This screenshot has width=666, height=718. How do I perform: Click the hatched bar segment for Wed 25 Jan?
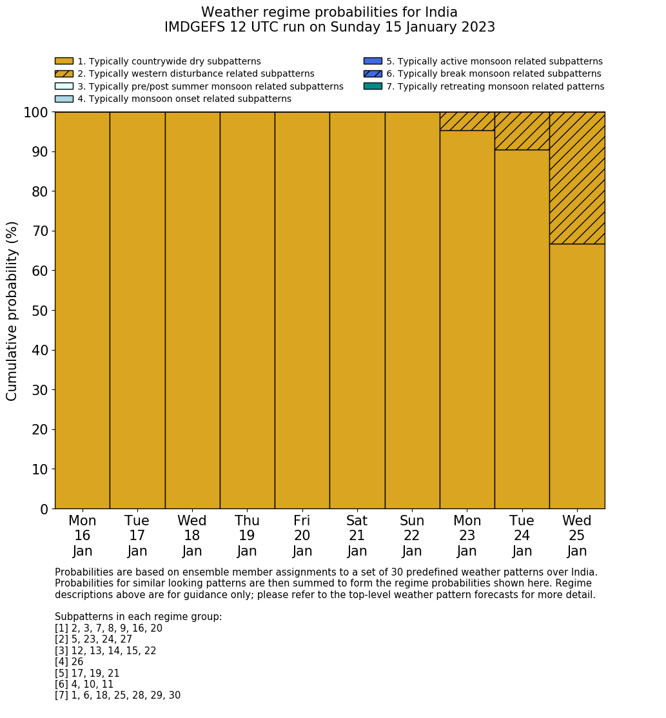[x=577, y=178]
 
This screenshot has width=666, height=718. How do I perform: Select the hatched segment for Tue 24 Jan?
[x=522, y=131]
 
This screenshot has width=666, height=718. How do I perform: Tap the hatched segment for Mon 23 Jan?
[x=467, y=121]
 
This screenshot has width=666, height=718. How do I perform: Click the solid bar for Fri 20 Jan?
[x=302, y=310]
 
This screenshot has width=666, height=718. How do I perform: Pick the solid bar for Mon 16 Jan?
[x=82, y=310]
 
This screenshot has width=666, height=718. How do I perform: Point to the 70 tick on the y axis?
[x=40, y=231]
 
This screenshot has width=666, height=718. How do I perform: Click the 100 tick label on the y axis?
[x=35, y=113]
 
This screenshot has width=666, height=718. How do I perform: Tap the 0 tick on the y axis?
[x=44, y=509]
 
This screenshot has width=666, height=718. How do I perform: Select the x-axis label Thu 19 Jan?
[x=247, y=536]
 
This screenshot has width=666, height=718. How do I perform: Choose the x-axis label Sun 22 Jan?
[x=412, y=536]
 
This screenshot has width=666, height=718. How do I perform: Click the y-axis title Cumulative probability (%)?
[x=12, y=311]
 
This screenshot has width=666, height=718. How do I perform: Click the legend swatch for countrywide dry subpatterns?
[x=64, y=61]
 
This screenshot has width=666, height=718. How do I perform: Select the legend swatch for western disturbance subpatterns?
[x=64, y=73]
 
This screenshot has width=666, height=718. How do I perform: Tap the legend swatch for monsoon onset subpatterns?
[x=64, y=99]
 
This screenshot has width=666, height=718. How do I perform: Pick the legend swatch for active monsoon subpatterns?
[x=373, y=61]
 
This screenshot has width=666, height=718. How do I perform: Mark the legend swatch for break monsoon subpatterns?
[x=373, y=73]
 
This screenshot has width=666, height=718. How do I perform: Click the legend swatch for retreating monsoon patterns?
[x=373, y=86]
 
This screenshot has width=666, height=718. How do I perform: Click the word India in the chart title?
[x=440, y=12]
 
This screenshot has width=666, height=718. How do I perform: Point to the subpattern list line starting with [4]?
[x=69, y=662]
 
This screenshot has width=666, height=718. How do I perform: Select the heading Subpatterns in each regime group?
[x=138, y=617]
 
